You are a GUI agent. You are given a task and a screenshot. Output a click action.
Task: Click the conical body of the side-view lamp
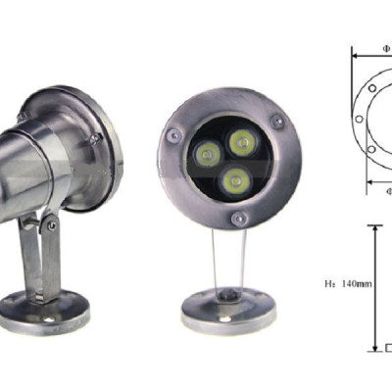pos(39,157)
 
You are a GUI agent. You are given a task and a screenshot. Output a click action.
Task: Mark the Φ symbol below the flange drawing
pos(388,192)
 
